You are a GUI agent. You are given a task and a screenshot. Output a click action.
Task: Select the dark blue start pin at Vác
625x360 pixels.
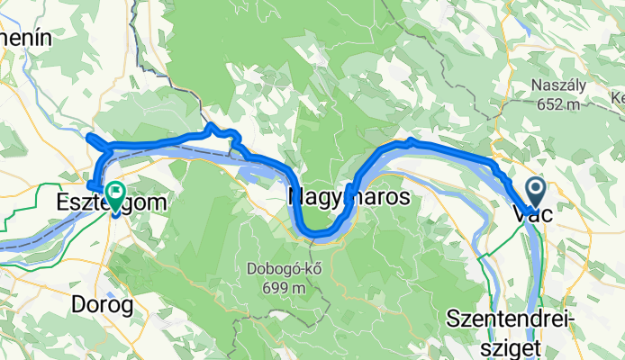(x=535, y=190)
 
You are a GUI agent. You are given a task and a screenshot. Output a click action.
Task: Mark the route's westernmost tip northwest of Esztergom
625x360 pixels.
(x=88, y=137)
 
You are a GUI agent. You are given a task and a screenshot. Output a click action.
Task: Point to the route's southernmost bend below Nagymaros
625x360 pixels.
(x=318, y=236)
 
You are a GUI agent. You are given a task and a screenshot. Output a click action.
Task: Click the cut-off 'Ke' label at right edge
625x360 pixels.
(x=618, y=96)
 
